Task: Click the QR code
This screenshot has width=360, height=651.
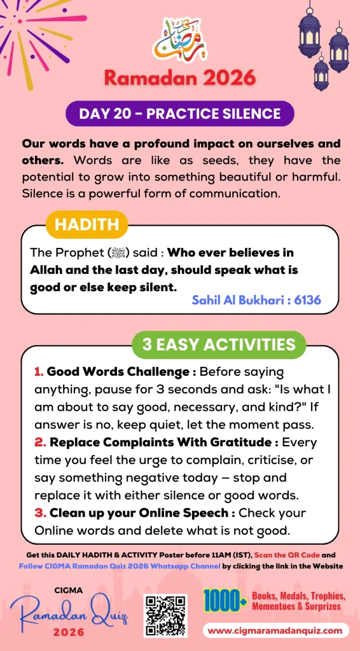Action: (x=165, y=615)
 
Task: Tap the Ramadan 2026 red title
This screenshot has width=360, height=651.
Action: (x=180, y=78)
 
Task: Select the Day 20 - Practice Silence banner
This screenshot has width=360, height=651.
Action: (x=180, y=114)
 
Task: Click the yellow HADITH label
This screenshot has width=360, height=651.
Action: (x=87, y=224)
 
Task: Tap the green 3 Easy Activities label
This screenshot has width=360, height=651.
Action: (x=219, y=344)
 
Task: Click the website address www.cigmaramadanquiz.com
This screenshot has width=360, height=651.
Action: (x=277, y=631)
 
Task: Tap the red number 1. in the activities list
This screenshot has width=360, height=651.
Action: (x=38, y=371)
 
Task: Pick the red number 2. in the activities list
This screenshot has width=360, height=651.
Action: (x=39, y=442)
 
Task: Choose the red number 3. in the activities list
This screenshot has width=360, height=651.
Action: (x=39, y=512)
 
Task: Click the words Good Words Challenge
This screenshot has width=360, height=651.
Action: (x=118, y=371)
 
